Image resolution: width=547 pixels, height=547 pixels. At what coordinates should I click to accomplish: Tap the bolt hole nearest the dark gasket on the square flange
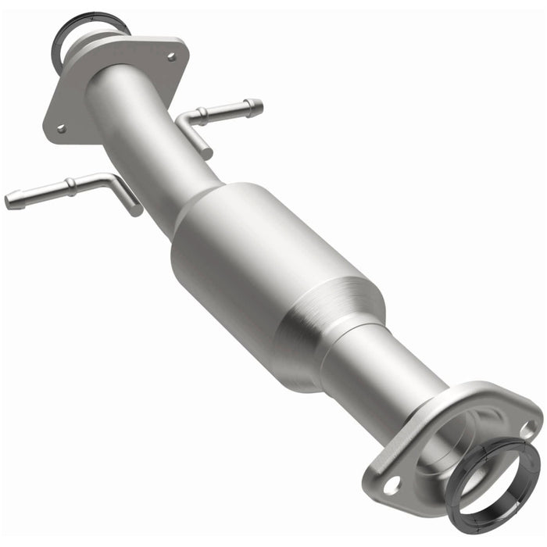point(171,57)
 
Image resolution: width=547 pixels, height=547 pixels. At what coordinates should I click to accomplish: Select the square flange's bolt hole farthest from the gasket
point(61,127)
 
